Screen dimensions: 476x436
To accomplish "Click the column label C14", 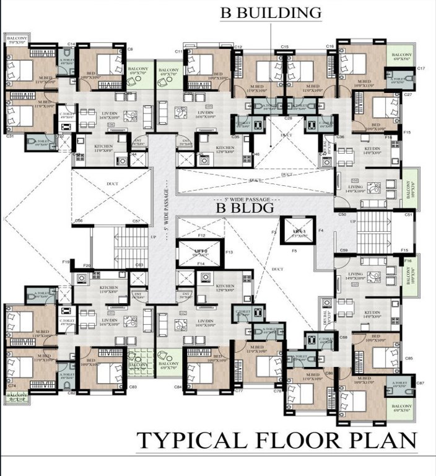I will click(71, 45).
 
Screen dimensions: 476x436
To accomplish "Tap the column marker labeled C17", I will click(421, 68).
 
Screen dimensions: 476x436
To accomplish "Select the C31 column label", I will click(10, 135).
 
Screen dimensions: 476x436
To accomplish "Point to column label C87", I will click(421, 384).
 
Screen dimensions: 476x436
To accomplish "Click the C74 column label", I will click(11, 386).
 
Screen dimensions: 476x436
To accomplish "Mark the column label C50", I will click(342, 214).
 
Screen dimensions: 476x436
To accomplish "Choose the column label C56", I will click(79, 221).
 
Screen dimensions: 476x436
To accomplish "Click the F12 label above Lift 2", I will click(201, 236).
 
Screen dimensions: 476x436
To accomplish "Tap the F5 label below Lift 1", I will click(294, 251).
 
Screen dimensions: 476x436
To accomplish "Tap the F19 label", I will click(66, 263).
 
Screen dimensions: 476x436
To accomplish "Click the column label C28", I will click(288, 117).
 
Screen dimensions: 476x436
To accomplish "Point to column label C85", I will click(409, 358).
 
